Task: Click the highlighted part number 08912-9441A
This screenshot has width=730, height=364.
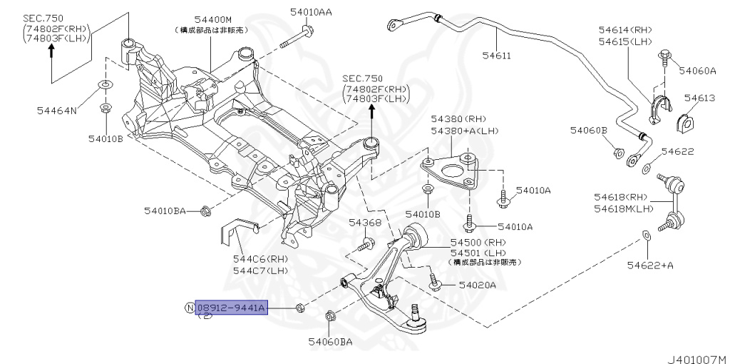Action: tap(232, 308)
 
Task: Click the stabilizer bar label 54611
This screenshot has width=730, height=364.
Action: tap(499, 54)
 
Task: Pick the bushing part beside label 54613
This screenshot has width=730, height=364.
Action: tap(687, 121)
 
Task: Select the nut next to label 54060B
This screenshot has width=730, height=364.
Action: tap(619, 151)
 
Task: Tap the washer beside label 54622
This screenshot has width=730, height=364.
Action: tap(646, 168)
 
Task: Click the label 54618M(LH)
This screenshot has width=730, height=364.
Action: tap(624, 208)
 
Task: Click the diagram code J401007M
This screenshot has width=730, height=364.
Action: tap(696, 354)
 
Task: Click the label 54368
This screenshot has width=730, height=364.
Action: tap(365, 223)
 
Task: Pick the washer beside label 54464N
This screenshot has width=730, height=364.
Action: tap(105, 86)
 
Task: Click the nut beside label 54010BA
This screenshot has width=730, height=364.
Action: tap(205, 211)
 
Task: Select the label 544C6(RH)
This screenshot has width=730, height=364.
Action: tap(261, 259)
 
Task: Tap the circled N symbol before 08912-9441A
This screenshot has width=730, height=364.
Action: tap(189, 308)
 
